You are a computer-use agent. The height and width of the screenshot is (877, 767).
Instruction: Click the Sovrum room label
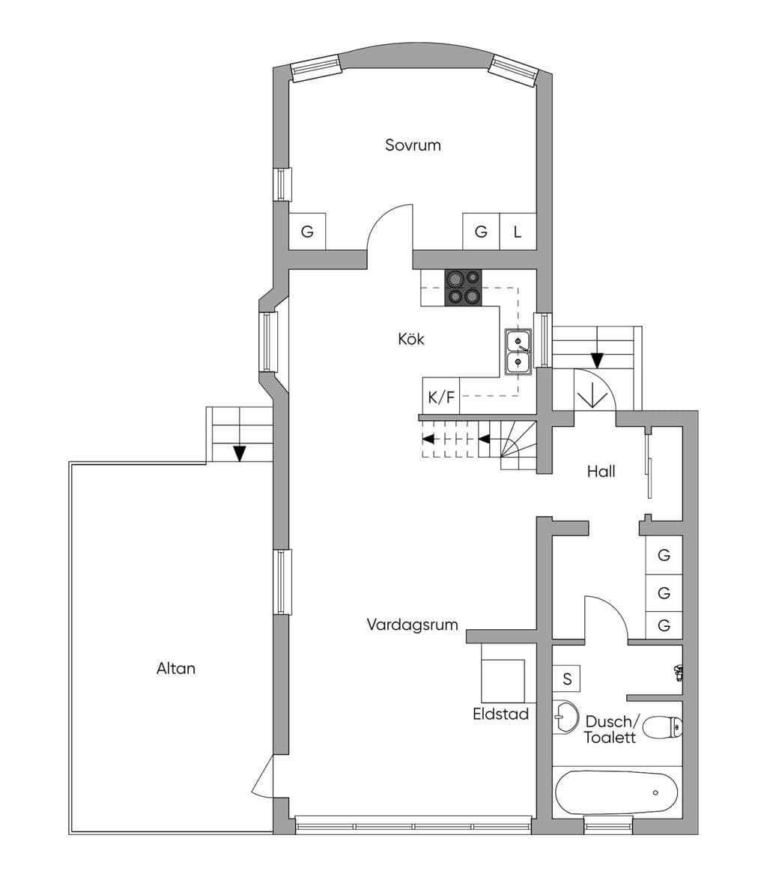pyautogui.click(x=413, y=145)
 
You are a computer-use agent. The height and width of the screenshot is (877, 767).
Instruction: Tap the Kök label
pyautogui.click(x=411, y=339)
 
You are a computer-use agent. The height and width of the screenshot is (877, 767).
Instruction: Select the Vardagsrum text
pyautogui.click(x=412, y=624)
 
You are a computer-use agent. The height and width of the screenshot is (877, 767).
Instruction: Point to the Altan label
pyautogui.click(x=176, y=668)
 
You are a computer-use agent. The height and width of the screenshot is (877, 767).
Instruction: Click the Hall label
pyautogui.click(x=601, y=471)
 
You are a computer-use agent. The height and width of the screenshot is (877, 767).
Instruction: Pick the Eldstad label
pyautogui.click(x=500, y=714)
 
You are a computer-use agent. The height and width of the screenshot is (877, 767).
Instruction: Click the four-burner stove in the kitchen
pyautogui.click(x=463, y=288)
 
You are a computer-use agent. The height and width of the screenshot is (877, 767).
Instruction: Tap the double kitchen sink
pyautogui.click(x=518, y=351)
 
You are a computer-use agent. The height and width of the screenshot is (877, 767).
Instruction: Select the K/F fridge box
pyautogui.click(x=441, y=396)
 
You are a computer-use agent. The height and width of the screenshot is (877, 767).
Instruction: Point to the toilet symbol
pyautogui.click(x=663, y=727)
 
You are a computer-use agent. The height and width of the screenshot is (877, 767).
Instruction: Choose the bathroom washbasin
pyautogui.click(x=566, y=717)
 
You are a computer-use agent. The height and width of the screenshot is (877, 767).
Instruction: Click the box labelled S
pyautogui.click(x=567, y=679)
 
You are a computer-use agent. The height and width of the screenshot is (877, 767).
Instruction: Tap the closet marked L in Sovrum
pyautogui.click(x=518, y=231)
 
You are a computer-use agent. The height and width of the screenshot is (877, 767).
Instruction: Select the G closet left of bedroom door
pyautogui.click(x=307, y=231)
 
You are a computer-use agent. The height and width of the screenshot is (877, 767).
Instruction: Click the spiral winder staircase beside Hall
pyautogui.click(x=518, y=446)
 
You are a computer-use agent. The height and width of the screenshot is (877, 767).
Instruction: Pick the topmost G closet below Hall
pyautogui.click(x=664, y=555)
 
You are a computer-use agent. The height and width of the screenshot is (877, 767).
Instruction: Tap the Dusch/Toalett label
pyautogui.click(x=611, y=729)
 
